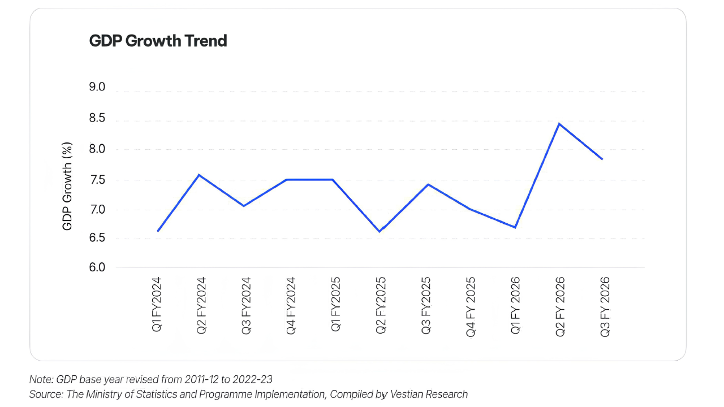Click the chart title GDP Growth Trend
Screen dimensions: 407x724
point(158,41)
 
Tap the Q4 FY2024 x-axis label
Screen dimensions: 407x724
point(290,305)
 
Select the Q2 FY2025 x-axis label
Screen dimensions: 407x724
point(381,305)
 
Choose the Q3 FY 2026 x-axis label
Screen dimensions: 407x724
point(605,307)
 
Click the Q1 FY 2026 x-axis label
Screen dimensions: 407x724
point(515,306)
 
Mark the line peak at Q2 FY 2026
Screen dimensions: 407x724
point(559,124)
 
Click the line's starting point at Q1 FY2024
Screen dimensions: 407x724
point(158,231)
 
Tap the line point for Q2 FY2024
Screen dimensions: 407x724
point(199,175)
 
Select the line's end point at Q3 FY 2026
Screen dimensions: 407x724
point(602,159)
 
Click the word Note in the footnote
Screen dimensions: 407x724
point(40,379)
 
